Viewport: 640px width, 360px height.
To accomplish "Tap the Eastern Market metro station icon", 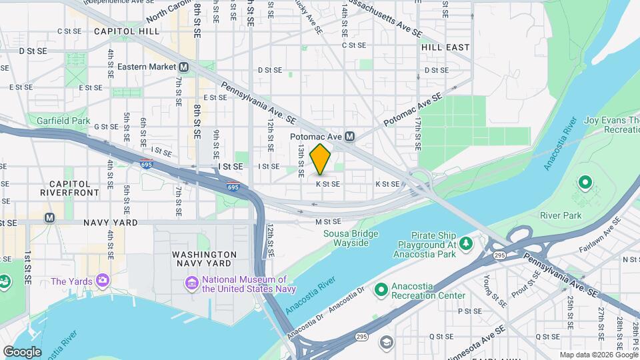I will coord(183,67).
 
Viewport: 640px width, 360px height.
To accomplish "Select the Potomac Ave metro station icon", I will coord(349,136).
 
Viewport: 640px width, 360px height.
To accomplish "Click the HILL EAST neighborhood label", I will coord(445,47).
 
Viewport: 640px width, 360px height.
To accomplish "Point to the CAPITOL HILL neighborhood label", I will coord(126,31).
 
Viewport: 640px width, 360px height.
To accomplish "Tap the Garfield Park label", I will coord(63,121).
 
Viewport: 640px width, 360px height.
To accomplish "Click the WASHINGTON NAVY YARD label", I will coord(204,259).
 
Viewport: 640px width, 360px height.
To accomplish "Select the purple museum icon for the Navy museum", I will coord(192,284).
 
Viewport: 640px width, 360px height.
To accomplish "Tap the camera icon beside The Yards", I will coord(102,279).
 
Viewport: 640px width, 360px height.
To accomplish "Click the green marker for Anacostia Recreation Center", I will coord(381,289).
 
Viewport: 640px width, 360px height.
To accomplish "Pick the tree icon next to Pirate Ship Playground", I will coord(466,243).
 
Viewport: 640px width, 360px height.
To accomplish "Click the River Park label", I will coord(561,215).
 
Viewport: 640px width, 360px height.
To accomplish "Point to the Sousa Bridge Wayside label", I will coord(351,238).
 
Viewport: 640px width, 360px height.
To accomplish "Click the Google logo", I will coord(22,351).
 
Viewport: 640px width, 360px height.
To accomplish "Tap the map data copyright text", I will coord(598,355).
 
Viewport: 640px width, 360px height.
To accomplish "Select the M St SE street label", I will coord(328,221).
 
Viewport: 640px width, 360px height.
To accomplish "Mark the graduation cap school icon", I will coord(386,343).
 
